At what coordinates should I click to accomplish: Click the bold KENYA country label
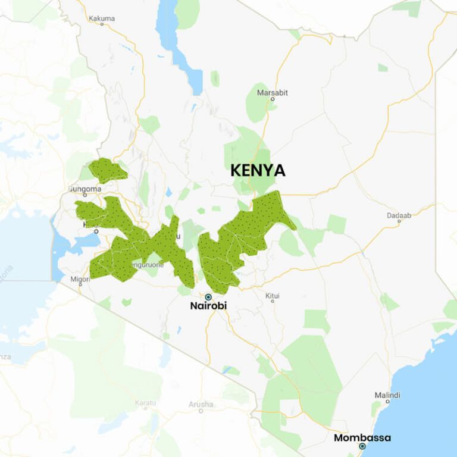pyautogui.click(x=258, y=171)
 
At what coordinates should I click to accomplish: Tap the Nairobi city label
pyautogui.click(x=208, y=306)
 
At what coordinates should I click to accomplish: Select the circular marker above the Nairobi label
pyautogui.click(x=208, y=296)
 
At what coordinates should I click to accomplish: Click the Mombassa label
pyautogui.click(x=362, y=437)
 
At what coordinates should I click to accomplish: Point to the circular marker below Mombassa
pyautogui.click(x=362, y=446)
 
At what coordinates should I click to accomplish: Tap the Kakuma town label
pyautogui.click(x=101, y=18)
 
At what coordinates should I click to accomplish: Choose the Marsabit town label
pyautogui.click(x=272, y=92)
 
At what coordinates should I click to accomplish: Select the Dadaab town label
pyautogui.click(x=399, y=215)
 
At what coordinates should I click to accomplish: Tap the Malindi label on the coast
pyautogui.click(x=387, y=395)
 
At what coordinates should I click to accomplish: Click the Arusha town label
pyautogui.click(x=201, y=404)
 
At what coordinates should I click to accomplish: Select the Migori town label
pyautogui.click(x=80, y=278)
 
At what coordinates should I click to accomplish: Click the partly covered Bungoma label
pyautogui.click(x=86, y=189)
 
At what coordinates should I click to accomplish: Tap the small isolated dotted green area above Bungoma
pyautogui.click(x=107, y=170)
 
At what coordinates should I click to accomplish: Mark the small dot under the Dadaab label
pyautogui.click(x=399, y=222)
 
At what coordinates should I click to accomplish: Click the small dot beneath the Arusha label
pyautogui.click(x=201, y=411)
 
